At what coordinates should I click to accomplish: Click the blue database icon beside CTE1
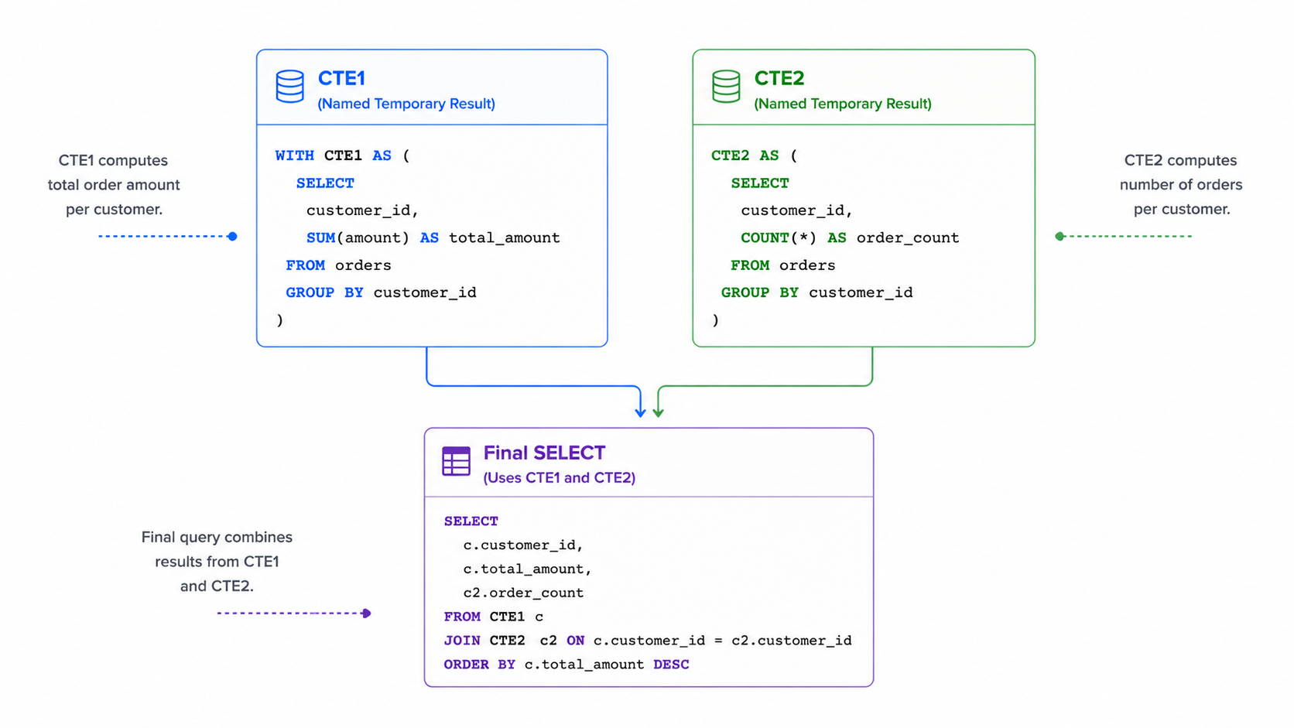(290, 87)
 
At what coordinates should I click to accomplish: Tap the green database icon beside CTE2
(726, 87)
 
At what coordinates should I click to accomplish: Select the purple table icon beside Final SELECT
(457, 460)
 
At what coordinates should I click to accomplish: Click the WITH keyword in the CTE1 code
(295, 156)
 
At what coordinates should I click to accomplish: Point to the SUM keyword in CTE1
(320, 238)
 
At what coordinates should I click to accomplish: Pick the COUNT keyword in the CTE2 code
(765, 238)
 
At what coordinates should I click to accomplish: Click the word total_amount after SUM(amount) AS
(505, 238)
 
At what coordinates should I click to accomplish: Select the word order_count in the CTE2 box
(908, 238)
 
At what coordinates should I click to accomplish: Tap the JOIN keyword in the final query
(462, 641)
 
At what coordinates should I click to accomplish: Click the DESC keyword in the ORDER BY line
(671, 665)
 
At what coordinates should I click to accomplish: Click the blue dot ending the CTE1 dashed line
(232, 236)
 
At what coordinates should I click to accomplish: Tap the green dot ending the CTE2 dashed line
(1060, 236)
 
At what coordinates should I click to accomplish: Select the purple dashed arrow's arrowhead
(366, 613)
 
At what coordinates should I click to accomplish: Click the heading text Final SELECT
(544, 453)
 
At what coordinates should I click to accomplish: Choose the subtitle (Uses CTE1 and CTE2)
(560, 478)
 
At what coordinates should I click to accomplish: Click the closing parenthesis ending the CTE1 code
(280, 320)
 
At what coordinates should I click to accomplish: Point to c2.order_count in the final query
(523, 593)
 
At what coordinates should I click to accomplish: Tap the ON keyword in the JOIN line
(575, 641)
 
